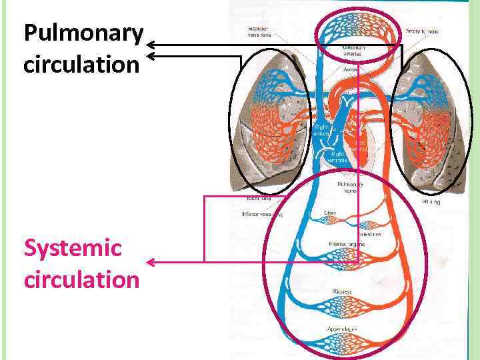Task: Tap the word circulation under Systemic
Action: [x=81, y=279]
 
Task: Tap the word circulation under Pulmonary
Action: [x=81, y=65]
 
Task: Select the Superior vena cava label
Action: [x=259, y=33]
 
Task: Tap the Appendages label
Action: [x=342, y=329]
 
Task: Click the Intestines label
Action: [x=370, y=234]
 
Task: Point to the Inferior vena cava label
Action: [x=262, y=215]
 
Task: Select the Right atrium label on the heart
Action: [x=322, y=129]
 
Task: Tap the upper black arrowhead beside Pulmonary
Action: [x=151, y=45]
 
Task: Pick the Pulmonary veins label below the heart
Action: [x=351, y=187]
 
